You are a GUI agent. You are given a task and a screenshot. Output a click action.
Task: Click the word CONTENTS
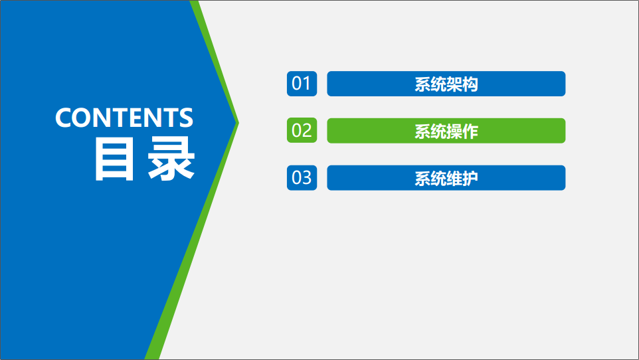click(x=124, y=118)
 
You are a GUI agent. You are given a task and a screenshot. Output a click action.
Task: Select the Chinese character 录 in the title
click(x=171, y=159)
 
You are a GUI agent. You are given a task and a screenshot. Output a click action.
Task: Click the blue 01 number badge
click(x=302, y=84)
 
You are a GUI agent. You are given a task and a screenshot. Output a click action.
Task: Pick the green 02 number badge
click(x=302, y=130)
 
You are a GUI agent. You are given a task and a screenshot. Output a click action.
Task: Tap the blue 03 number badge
click(x=302, y=178)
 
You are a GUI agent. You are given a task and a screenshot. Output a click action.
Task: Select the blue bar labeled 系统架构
click(x=446, y=84)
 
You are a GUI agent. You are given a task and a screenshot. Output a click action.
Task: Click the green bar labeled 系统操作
click(x=446, y=130)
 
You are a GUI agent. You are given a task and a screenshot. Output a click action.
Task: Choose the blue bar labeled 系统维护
click(x=446, y=178)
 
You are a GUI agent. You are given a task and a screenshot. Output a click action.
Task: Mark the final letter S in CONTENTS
click(x=186, y=118)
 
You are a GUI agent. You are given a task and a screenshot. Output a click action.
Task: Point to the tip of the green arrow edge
click(x=239, y=123)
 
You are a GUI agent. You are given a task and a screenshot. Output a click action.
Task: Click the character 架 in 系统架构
click(x=454, y=84)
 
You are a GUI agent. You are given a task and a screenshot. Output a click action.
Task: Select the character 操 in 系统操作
click(x=454, y=132)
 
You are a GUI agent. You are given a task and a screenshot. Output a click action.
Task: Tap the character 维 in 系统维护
click(x=454, y=179)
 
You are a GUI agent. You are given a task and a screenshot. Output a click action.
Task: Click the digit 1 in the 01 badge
click(x=307, y=84)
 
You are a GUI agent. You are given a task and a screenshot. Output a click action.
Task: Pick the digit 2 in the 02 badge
click(x=307, y=130)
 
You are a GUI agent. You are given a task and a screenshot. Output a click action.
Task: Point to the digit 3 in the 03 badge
click(x=307, y=178)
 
